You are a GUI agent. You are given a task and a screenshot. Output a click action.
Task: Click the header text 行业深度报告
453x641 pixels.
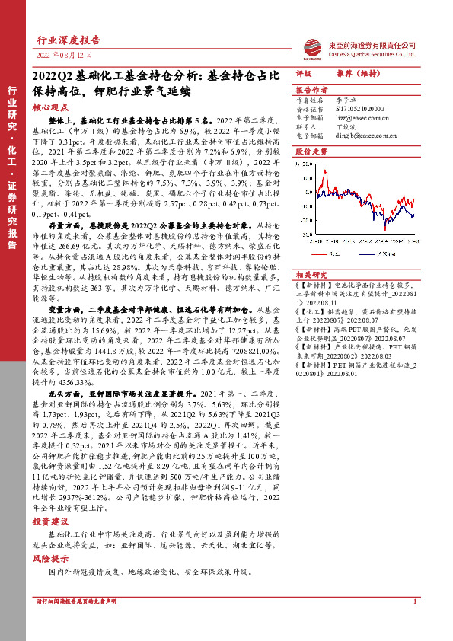click(68, 40)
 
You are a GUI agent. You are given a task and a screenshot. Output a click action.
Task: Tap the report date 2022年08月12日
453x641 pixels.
click(65, 56)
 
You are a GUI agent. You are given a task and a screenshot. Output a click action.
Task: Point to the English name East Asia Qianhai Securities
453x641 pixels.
click(371, 54)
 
